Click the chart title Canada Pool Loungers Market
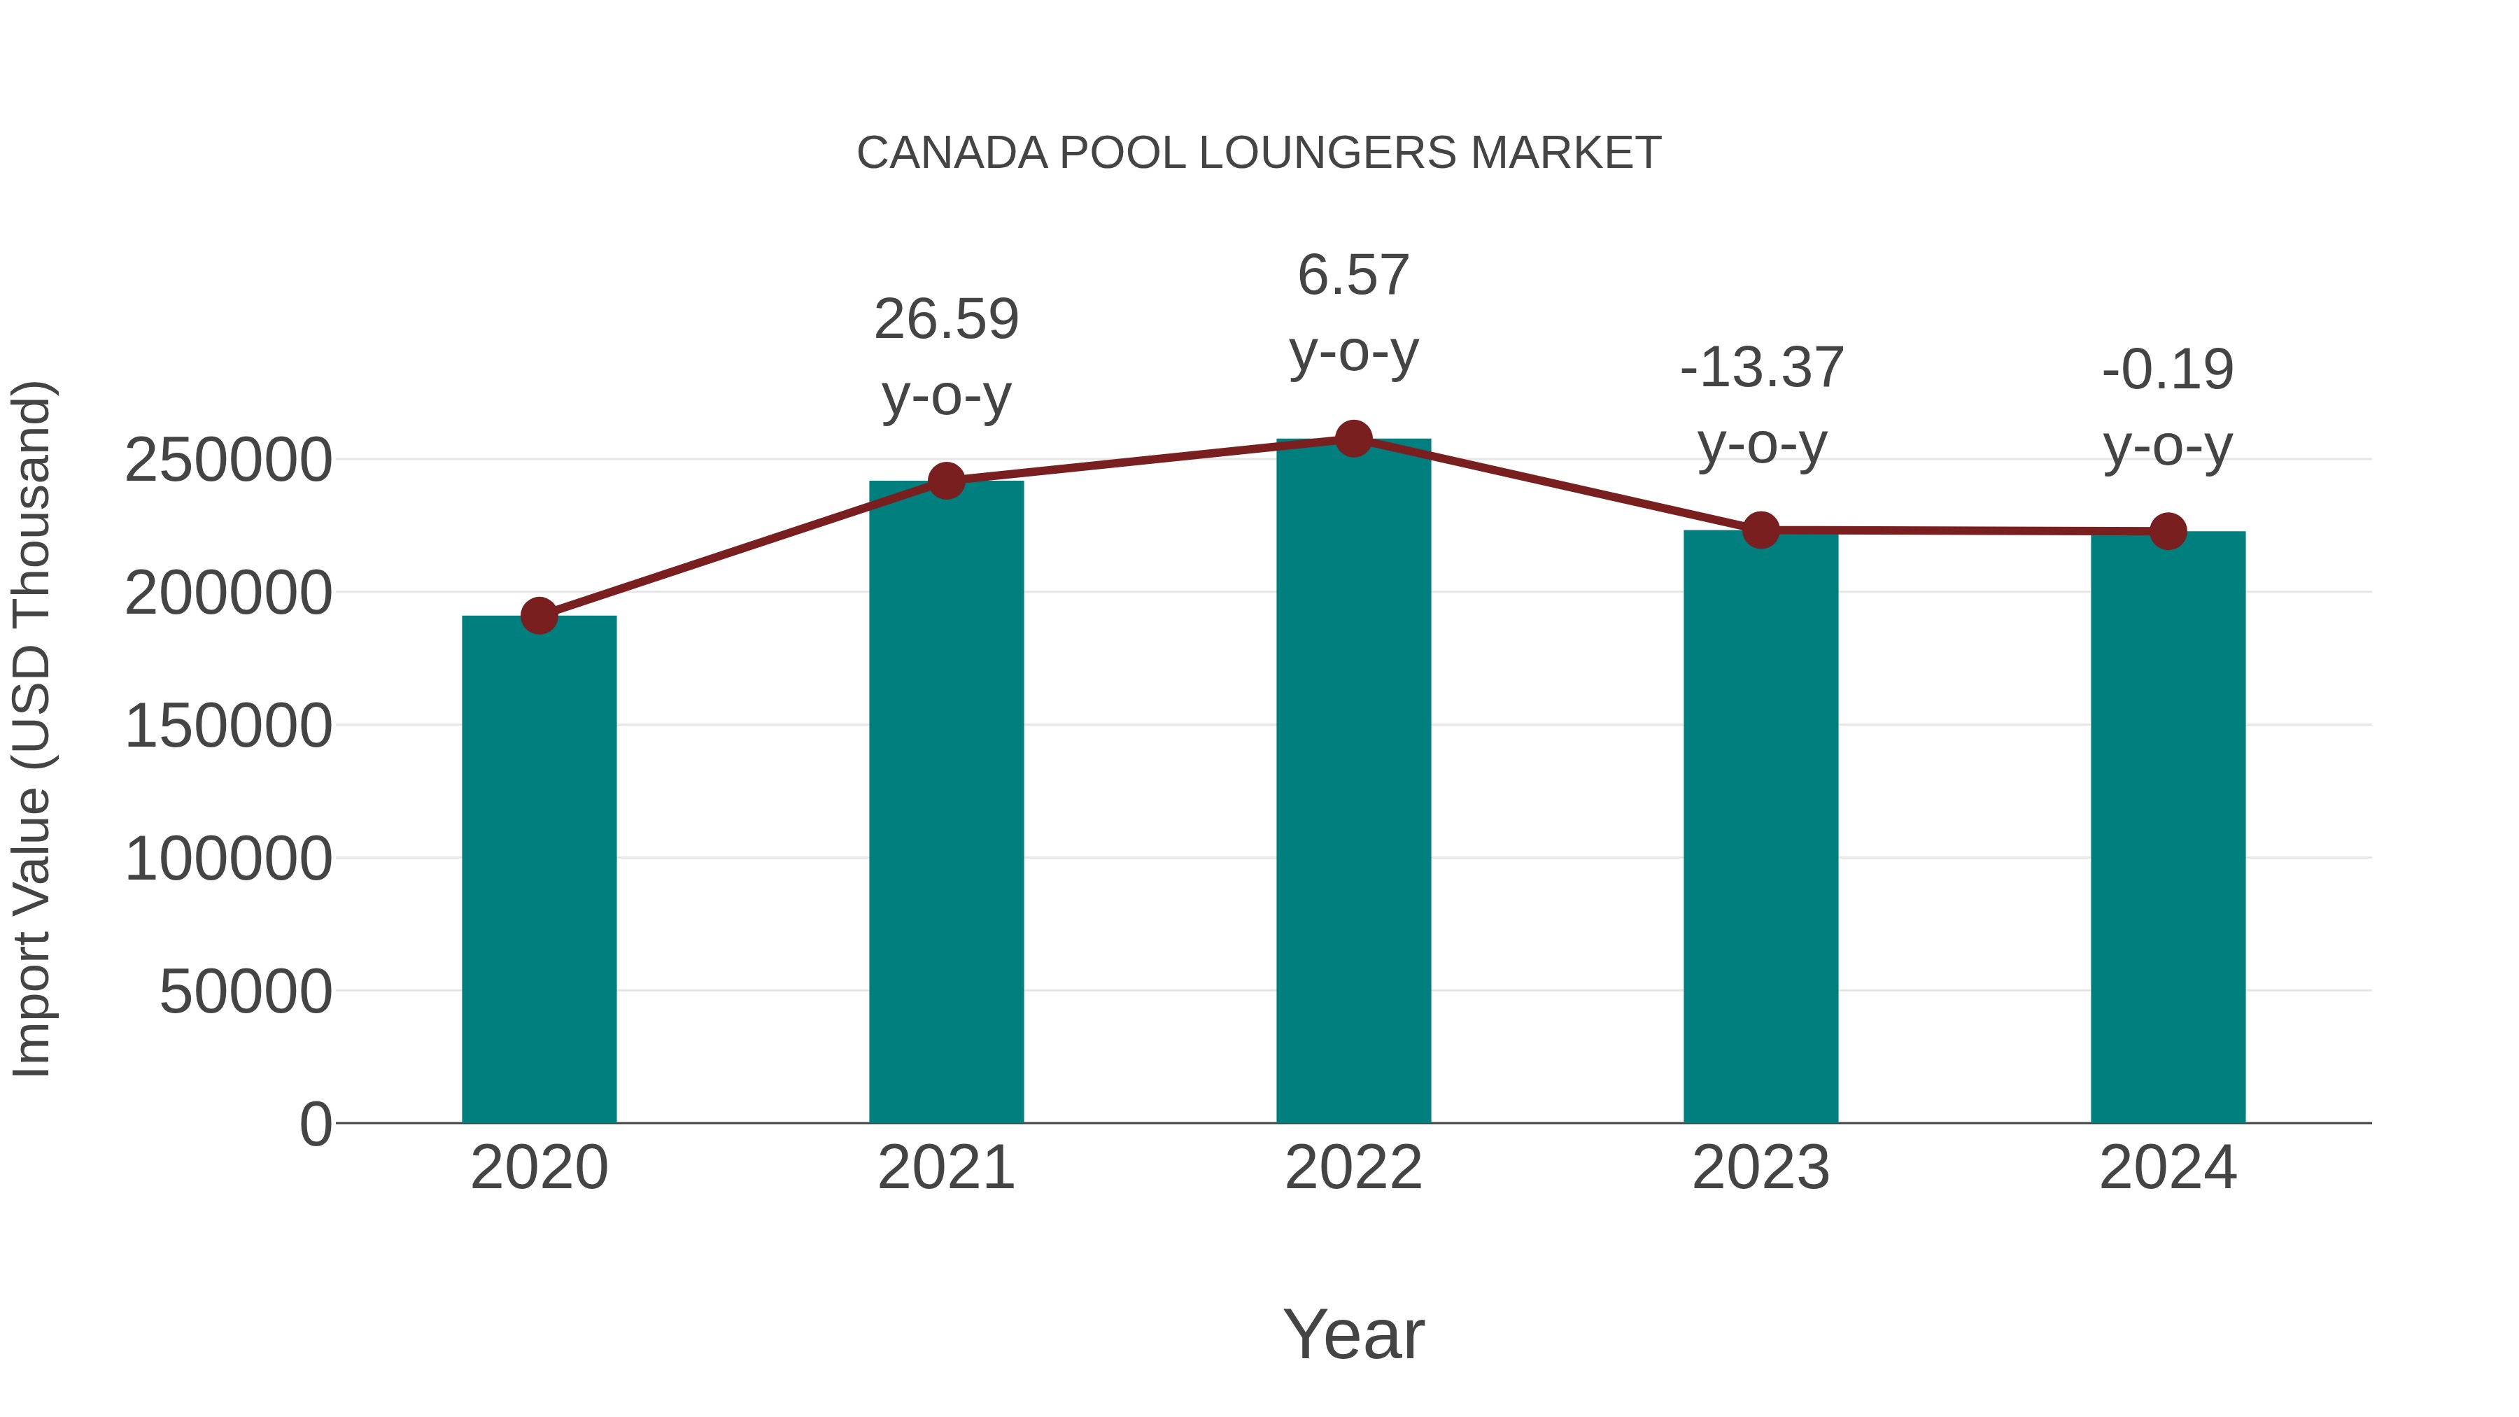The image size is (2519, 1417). click(x=1259, y=153)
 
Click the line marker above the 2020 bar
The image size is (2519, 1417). click(x=539, y=616)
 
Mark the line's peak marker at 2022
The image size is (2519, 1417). click(x=1353, y=439)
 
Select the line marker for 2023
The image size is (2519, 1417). click(x=1761, y=530)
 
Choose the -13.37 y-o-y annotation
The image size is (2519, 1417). click(x=1761, y=406)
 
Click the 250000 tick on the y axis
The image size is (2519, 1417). click(x=228, y=460)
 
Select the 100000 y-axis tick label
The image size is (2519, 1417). click(x=228, y=859)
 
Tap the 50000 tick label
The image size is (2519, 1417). click(x=246, y=992)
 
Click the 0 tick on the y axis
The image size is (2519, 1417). click(x=316, y=1125)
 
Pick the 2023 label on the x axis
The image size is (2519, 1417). click(x=1761, y=1168)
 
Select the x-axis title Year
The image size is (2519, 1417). click(x=1353, y=1334)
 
